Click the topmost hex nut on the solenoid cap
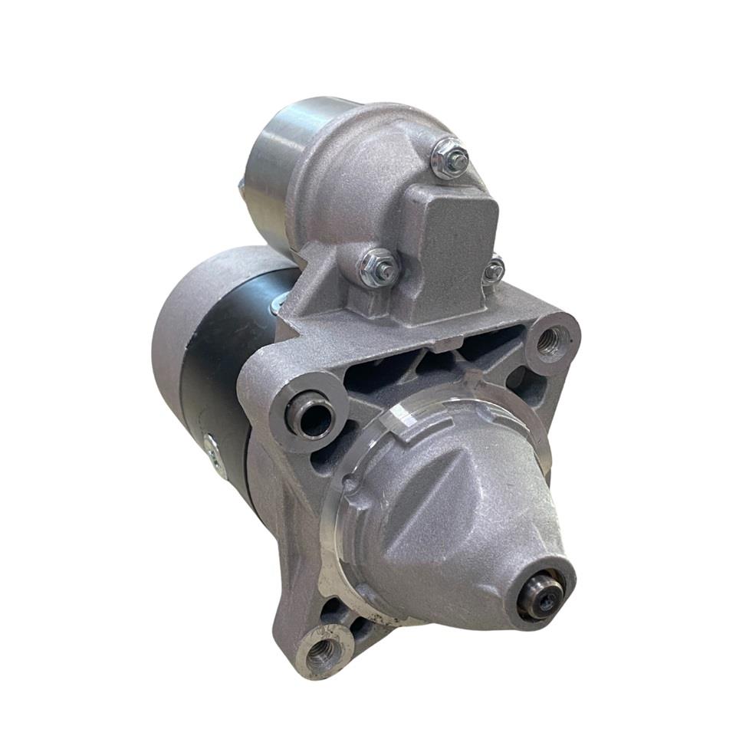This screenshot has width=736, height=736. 450,159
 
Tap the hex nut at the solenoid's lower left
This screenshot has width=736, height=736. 379,268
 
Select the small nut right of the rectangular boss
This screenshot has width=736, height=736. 494,269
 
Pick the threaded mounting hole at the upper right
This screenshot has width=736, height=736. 550,341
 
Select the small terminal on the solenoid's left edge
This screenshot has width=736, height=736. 242,187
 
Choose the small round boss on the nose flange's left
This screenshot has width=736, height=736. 350,484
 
